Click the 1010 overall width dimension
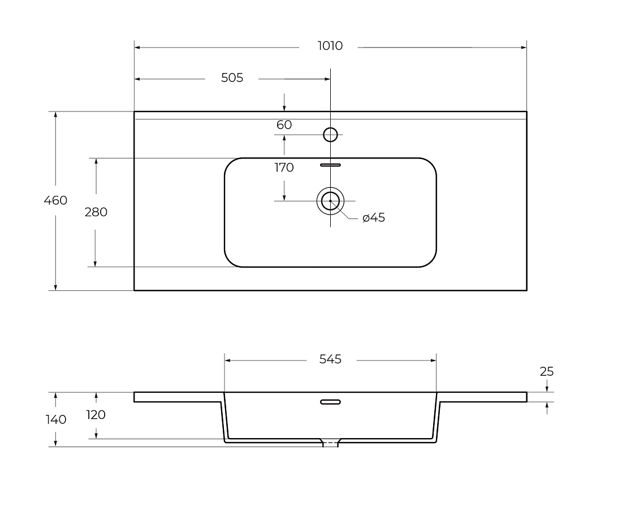(330, 46)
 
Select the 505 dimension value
(232, 78)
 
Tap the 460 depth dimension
(55, 200)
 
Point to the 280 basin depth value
(96, 212)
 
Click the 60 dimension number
(284, 125)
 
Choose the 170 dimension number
(284, 168)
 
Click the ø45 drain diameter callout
(374, 218)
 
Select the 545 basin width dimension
(330, 359)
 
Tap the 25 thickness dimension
(547, 371)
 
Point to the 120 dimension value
(96, 415)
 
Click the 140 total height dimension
(56, 419)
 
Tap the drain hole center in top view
(330, 201)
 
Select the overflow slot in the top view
(330, 165)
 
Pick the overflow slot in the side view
(330, 402)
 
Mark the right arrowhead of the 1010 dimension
(524, 48)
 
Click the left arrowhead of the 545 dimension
(228, 361)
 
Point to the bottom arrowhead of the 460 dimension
(55, 287)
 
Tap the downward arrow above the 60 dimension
(284, 102)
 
